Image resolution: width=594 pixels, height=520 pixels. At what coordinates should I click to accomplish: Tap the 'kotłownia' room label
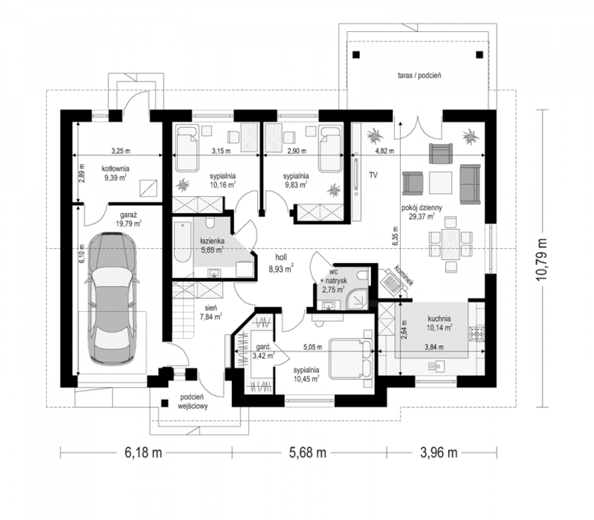[x=116, y=169]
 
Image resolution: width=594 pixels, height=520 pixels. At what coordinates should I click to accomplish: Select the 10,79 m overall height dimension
[x=541, y=259]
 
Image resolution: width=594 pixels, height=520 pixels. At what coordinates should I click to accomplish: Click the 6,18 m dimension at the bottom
[x=144, y=453]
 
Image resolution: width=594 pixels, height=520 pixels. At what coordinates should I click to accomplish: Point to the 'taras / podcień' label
[x=419, y=75]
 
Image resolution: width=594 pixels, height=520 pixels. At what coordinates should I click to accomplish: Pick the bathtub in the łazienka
[x=183, y=242]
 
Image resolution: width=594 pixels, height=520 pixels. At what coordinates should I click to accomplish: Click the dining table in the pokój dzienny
[x=451, y=244]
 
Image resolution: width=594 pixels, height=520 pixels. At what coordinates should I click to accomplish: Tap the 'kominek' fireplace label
[x=404, y=275]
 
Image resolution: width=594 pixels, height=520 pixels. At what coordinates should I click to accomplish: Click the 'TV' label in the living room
[x=373, y=175]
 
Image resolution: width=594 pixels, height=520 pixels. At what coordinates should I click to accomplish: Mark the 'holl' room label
[x=281, y=257]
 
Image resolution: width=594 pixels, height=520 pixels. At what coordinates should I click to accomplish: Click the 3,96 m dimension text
[x=439, y=453]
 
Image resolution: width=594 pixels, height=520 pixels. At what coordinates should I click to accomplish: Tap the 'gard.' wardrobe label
[x=264, y=347]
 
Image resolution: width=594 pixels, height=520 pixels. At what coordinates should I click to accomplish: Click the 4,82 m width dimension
[x=385, y=151]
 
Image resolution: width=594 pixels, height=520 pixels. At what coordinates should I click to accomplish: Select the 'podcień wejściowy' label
[x=193, y=402]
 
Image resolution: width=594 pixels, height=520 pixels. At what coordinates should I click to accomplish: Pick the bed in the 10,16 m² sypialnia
[x=188, y=148]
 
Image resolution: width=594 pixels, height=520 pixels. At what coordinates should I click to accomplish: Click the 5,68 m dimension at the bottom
[x=308, y=453]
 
